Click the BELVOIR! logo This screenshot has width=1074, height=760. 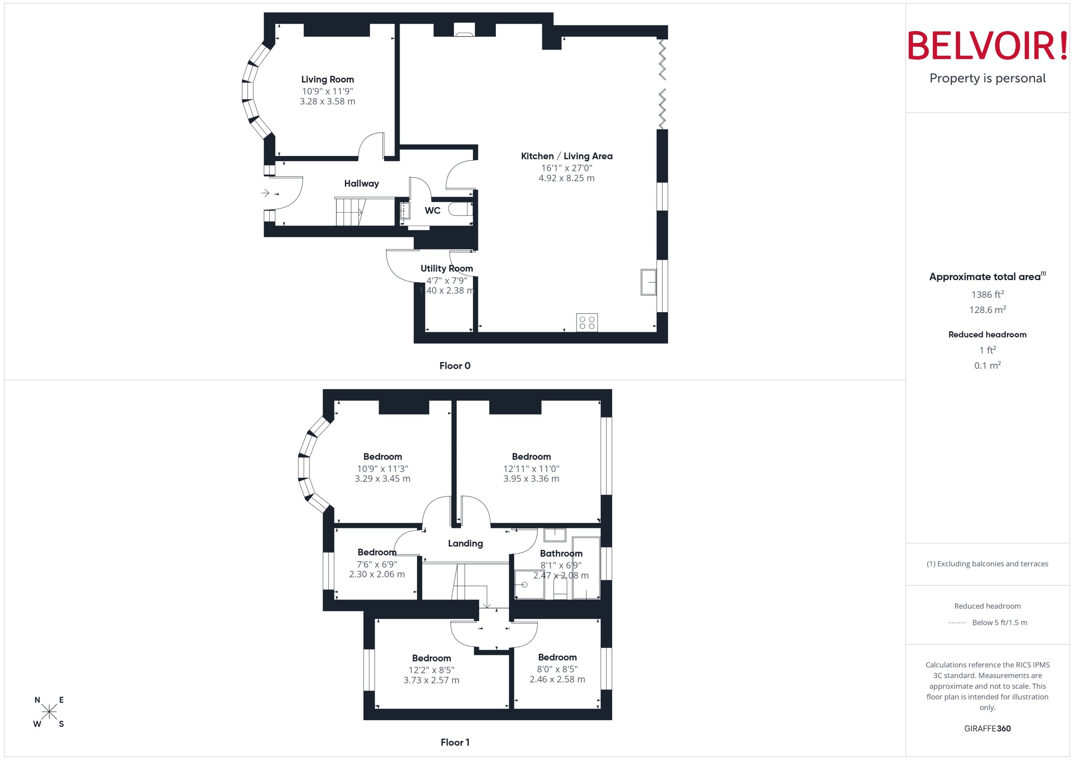[987, 45]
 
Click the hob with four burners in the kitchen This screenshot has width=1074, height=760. [586, 322]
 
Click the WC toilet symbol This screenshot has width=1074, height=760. [460, 209]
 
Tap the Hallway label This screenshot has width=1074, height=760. [361, 183]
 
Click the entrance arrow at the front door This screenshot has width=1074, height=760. [265, 193]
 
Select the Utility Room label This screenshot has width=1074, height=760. [446, 268]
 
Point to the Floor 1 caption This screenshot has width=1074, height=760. [454, 742]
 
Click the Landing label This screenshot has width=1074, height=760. [465, 543]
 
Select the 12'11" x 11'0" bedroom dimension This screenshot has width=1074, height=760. [531, 469]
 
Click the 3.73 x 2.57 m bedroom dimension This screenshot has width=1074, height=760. [431, 681]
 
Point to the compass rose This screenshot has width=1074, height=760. [49, 712]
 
